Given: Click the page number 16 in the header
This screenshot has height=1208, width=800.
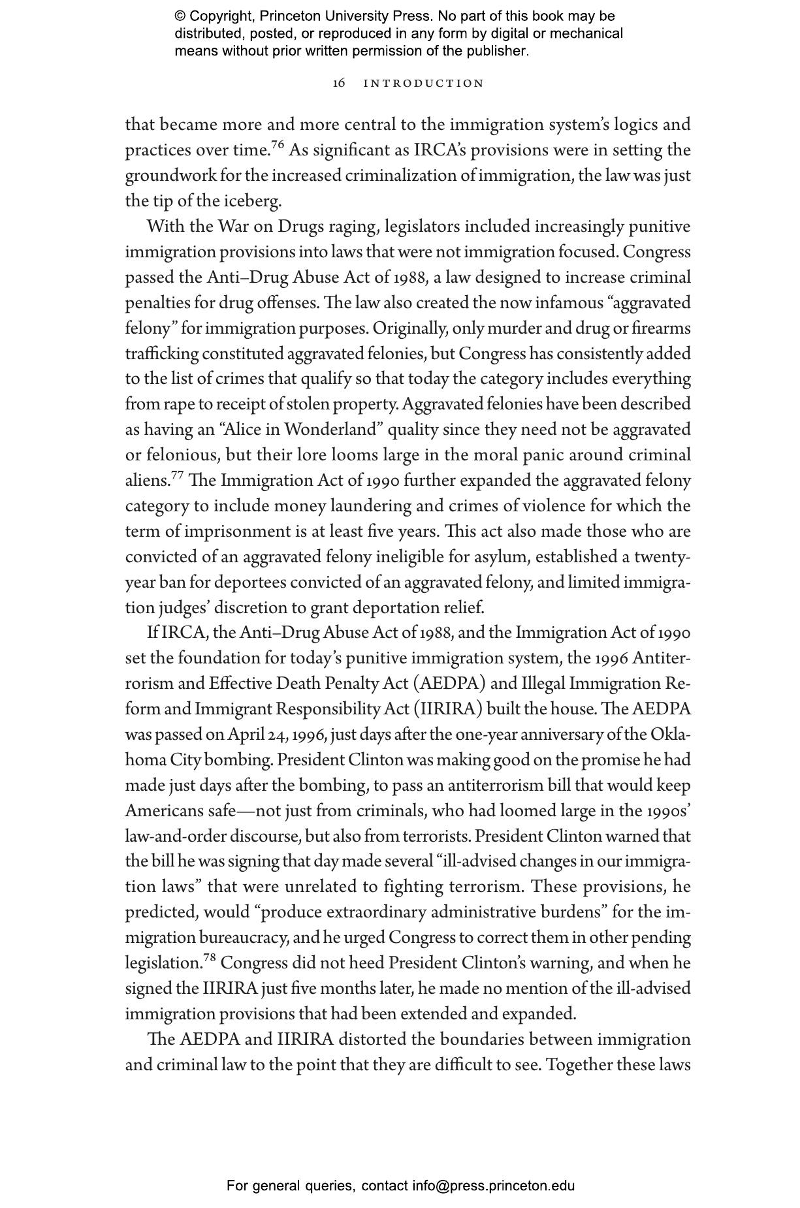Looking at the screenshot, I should (339, 84).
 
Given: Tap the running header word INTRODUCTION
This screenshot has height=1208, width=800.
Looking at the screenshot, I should (424, 84).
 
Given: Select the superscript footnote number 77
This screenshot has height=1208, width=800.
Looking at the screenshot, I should (178, 475).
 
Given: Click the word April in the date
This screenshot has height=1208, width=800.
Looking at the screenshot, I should (246, 735).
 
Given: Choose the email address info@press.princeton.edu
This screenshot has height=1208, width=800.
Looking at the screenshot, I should (493, 1186).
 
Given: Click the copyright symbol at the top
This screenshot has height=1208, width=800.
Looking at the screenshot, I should (180, 16).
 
